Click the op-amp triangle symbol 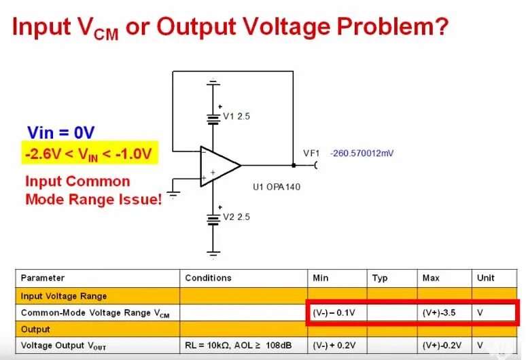click(219, 166)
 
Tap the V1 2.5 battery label click(237, 116)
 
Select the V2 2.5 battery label click(237, 217)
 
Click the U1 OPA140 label click(277, 187)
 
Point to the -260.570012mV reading click(362, 154)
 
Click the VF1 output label click(311, 154)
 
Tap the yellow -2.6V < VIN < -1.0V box click(90, 153)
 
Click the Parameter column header click(43, 278)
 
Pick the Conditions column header click(208, 278)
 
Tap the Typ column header click(379, 278)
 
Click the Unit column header click(486, 278)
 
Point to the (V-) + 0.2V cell click(336, 346)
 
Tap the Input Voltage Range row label click(63, 295)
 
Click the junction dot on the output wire click(293, 165)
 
